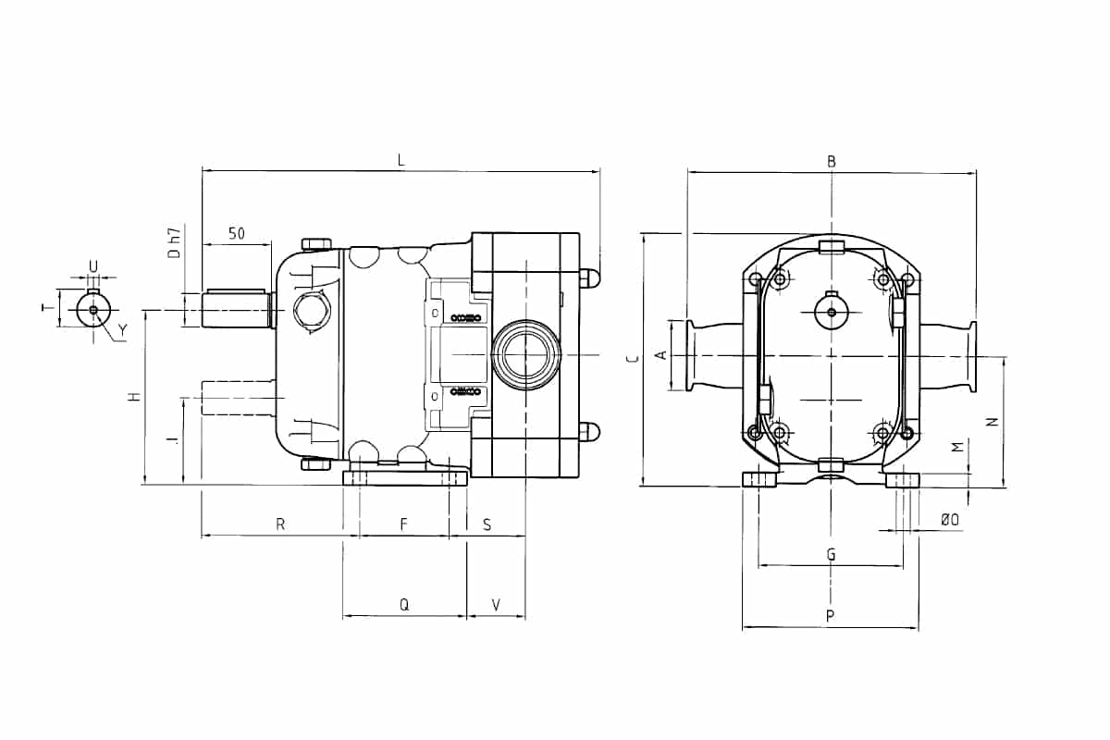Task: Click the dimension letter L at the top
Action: coord(401,160)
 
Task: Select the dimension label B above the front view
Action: coord(832,162)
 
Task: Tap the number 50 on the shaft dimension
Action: coord(237,233)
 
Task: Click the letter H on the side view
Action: coord(134,396)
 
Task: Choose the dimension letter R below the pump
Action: coord(279,524)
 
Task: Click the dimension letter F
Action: coord(404,524)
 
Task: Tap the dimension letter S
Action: coord(487,524)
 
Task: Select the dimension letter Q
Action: coord(404,605)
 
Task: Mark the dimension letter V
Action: coord(496,605)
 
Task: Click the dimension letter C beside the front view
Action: coord(630,359)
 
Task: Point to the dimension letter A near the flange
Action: coord(660,355)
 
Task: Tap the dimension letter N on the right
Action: coord(992,422)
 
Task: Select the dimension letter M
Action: coord(957,447)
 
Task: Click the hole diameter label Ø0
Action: coord(949,521)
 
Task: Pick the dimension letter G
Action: coord(832,555)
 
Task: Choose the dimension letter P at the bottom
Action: coord(832,616)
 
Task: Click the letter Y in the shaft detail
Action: coord(122,330)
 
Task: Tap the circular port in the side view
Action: coord(525,354)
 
